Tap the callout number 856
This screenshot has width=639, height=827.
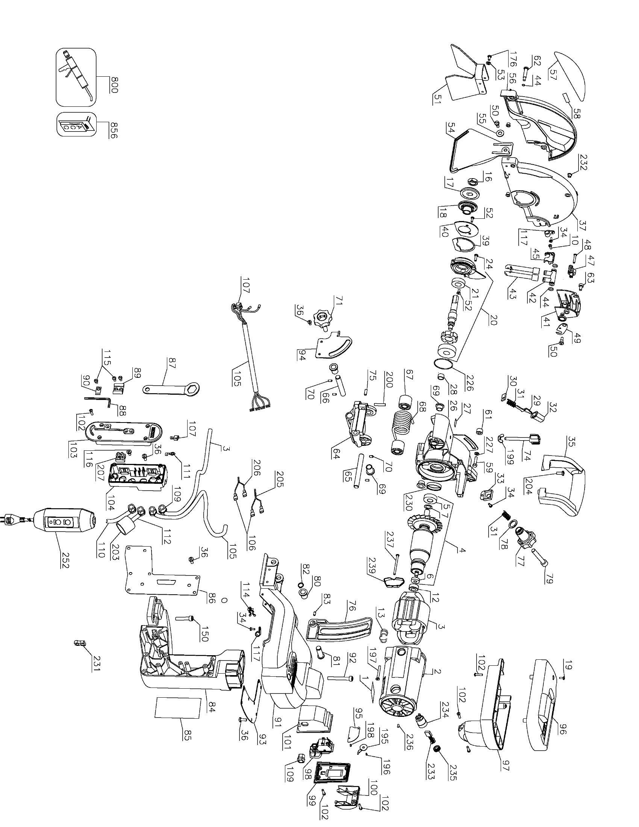click(x=114, y=130)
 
